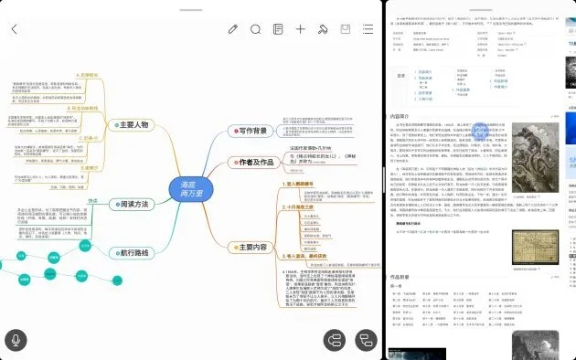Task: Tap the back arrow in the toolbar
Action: [15, 29]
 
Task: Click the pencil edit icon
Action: [233, 29]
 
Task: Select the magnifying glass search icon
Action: [256, 29]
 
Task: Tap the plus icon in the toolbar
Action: [301, 29]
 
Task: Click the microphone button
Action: [16, 340]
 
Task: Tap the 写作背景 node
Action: [247, 132]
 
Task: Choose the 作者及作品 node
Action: [250, 162]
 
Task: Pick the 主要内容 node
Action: [247, 247]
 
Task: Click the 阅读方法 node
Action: [128, 205]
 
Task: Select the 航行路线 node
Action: [127, 251]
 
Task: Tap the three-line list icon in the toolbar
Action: [368, 29]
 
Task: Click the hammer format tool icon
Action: [323, 29]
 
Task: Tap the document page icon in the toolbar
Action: [279, 29]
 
